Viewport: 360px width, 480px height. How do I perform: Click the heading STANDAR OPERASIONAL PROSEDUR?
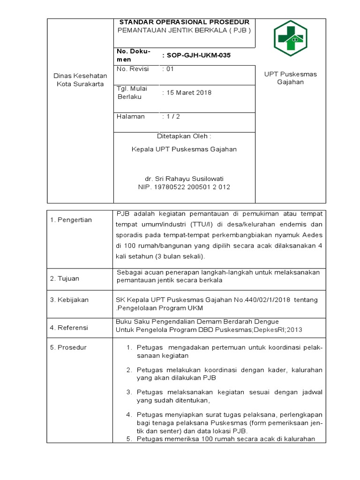pyautogui.click(x=184, y=22)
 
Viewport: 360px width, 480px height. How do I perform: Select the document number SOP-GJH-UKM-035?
pyautogui.click(x=198, y=55)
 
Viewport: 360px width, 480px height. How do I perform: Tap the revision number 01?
pyautogui.click(x=169, y=69)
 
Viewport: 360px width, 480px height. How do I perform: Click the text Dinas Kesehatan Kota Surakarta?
pyautogui.click(x=80, y=80)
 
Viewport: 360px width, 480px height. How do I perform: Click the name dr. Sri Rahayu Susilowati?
pyautogui.click(x=184, y=179)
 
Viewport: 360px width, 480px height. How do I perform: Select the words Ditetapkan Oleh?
pyautogui.click(x=184, y=136)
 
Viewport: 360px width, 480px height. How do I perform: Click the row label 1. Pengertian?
pyautogui.click(x=71, y=220)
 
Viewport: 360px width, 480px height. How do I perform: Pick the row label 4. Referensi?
pyautogui.click(x=69, y=328)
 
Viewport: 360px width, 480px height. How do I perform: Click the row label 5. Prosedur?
pyautogui.click(x=68, y=347)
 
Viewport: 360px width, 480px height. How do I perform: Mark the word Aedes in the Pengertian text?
pyautogui.click(x=312, y=235)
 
